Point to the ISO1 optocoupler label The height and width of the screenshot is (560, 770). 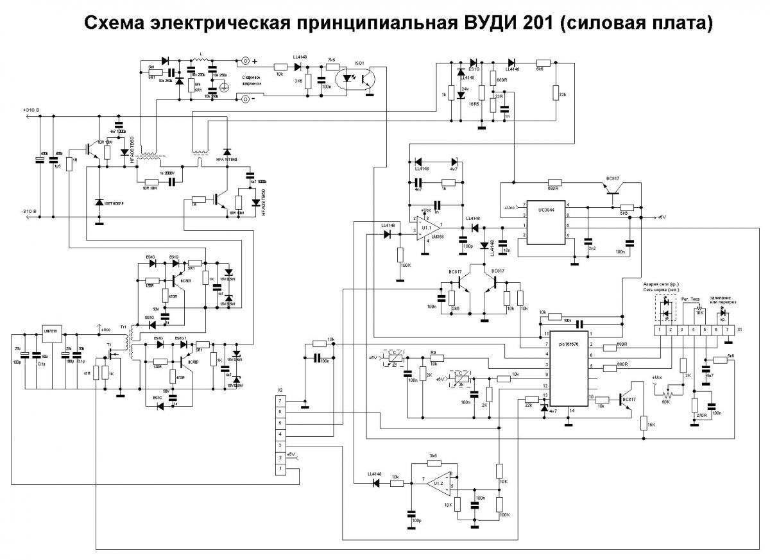tap(359, 64)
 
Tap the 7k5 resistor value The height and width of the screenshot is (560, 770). tap(332, 58)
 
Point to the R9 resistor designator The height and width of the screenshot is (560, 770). tap(434, 353)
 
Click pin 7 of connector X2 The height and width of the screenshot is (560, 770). tap(280, 400)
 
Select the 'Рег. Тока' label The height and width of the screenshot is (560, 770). tap(690, 298)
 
